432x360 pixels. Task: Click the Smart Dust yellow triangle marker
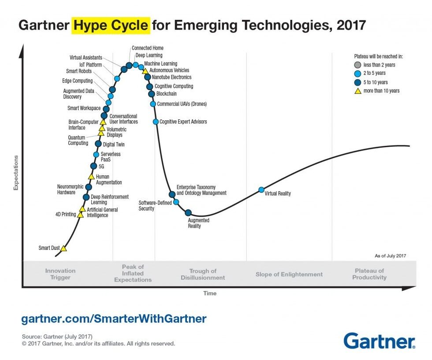pyautogui.click(x=63, y=249)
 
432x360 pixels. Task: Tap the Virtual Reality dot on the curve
pyautogui.click(x=261, y=190)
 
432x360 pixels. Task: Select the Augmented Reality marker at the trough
pyautogui.click(x=188, y=213)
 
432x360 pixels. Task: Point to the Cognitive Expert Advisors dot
pyautogui.click(x=156, y=122)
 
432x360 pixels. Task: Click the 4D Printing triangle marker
pyautogui.click(x=80, y=215)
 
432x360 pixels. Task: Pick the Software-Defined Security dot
pyautogui.click(x=176, y=202)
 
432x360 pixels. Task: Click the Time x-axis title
pyautogui.click(x=209, y=293)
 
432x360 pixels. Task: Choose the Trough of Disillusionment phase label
pyautogui.click(x=203, y=274)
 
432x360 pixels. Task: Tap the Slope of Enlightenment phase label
pyautogui.click(x=289, y=275)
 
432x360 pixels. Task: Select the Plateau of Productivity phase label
pyautogui.click(x=369, y=274)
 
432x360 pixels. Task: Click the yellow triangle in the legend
pyautogui.click(x=358, y=91)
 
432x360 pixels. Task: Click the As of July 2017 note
pyautogui.click(x=387, y=256)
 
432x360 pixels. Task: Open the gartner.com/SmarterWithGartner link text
pyautogui.click(x=114, y=318)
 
